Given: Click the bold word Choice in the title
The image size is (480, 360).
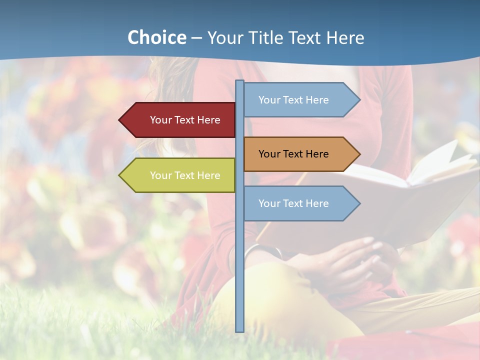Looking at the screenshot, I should [156, 37].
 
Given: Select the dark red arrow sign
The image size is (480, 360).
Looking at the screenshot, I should [180, 120].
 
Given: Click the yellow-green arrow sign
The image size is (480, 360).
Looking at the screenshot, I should [180, 175].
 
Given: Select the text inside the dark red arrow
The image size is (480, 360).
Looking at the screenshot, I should [185, 120].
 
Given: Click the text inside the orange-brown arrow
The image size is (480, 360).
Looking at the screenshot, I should [293, 154].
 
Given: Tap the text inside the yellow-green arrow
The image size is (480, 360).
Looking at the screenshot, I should [185, 175].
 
